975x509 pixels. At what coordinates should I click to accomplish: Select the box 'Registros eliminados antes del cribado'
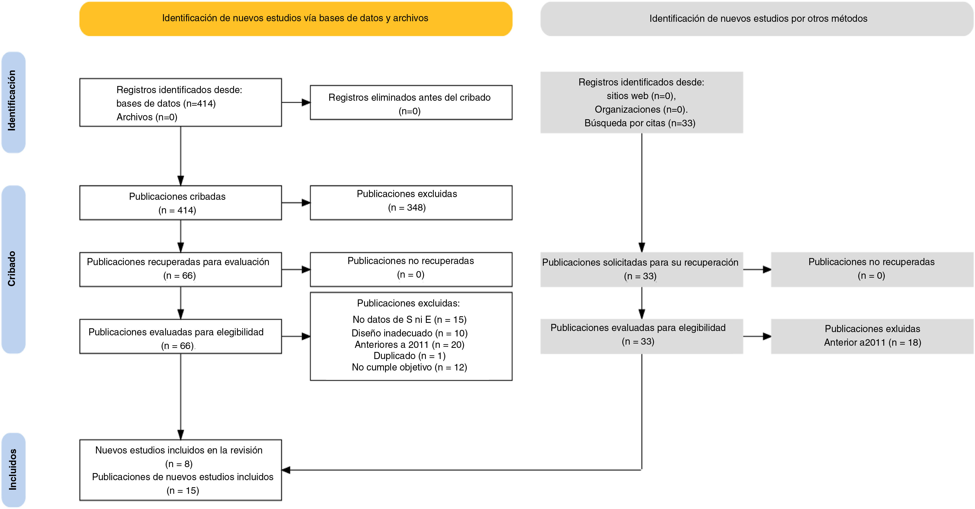411,103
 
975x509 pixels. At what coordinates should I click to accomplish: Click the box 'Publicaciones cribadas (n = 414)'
180,203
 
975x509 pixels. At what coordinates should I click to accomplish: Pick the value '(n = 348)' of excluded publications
407,207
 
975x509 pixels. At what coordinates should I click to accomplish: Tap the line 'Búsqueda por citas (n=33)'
640,123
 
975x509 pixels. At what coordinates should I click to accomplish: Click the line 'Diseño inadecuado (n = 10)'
410,333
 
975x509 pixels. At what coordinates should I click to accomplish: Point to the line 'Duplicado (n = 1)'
410,356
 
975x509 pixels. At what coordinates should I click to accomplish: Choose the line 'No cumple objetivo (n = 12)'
410,367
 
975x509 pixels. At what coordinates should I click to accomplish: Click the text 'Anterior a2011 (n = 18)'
872,343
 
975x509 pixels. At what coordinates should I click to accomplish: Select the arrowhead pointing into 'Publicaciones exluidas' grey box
767,336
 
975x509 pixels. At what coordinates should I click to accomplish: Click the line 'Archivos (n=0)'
147,117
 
